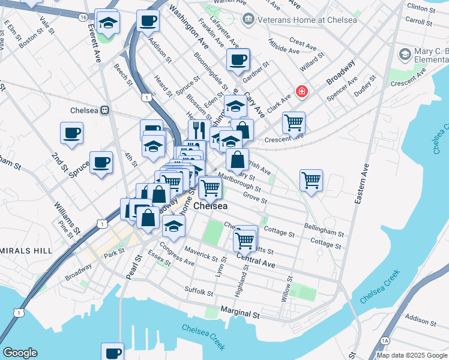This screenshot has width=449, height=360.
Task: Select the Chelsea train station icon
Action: [105, 110]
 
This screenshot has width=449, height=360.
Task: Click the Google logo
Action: [20, 353]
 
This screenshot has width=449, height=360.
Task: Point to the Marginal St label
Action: [240, 313]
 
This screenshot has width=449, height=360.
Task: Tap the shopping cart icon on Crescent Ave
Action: [294, 122]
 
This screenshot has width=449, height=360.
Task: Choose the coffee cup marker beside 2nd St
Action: [71, 133]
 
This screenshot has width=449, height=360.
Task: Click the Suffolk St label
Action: [199, 292]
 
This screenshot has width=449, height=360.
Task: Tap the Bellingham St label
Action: [324, 230]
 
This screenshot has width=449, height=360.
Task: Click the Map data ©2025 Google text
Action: [412, 355]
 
